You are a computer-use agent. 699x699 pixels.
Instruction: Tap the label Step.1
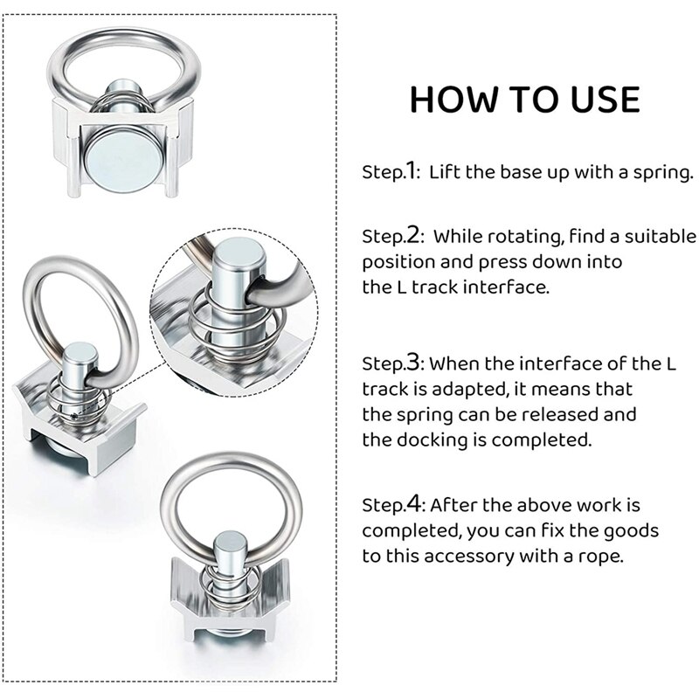click(389, 171)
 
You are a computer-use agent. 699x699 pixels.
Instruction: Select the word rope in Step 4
click(601, 557)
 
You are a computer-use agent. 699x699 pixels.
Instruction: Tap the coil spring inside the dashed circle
click(217, 328)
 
